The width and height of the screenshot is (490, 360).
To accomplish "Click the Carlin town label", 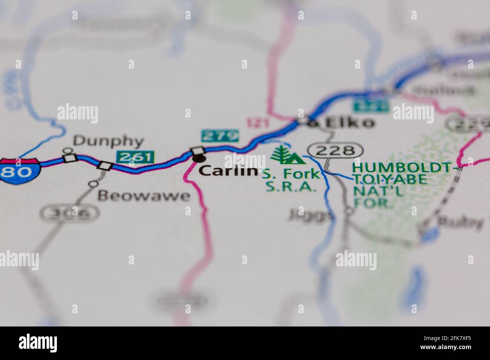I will pos(227,171).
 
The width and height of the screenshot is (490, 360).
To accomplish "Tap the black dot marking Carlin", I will pos(198,159).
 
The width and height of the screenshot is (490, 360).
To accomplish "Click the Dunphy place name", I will pos(109,142).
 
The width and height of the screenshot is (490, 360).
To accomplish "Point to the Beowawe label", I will pos(144,196).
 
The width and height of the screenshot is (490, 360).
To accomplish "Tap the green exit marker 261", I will pos(136,157).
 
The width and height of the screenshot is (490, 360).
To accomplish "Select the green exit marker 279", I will pos(220,136).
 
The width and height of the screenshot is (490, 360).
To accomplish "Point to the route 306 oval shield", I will pos(70,214).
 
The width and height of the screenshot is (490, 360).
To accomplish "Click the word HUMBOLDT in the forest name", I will pos(402,167).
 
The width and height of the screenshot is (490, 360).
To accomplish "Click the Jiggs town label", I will pos(311,215).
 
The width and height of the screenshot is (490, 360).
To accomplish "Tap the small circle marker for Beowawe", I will pos(93,184).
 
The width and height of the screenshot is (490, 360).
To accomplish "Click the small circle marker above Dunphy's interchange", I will pos(68,151).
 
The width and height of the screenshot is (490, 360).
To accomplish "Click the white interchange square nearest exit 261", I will pos(105,165).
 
